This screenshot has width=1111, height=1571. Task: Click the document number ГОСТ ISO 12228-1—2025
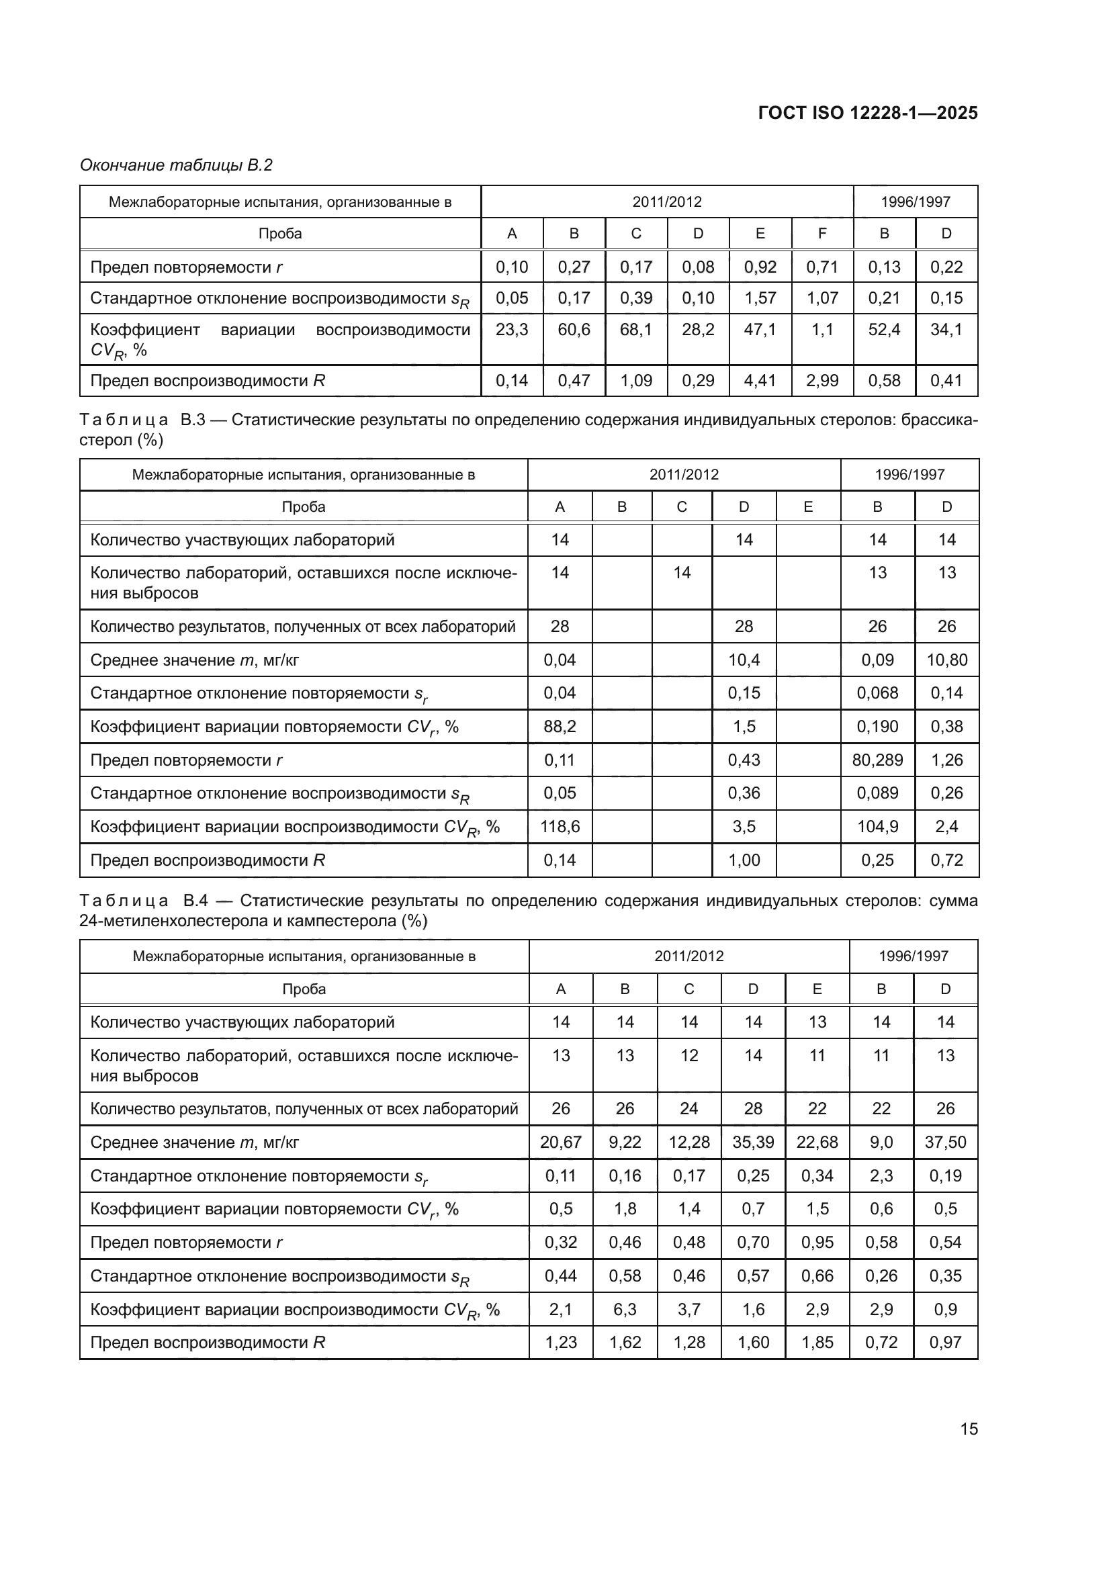coord(867,113)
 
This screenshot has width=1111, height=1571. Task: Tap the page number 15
coord(969,1429)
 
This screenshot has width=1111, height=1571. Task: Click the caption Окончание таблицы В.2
coord(176,165)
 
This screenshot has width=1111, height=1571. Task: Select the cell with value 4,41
coord(760,380)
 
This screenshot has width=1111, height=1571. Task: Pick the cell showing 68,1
coord(635,330)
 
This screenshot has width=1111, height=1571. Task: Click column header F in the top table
coord(821,233)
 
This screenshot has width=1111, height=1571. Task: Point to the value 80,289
coord(877,760)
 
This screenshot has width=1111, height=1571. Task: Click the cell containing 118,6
coord(560,827)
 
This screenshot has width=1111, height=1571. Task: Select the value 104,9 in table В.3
coord(877,827)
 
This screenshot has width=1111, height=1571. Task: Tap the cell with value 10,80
coord(946,660)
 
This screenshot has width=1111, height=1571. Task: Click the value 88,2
coord(560,726)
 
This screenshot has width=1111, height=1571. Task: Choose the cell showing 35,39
coord(752,1142)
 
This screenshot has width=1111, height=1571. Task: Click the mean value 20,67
coord(560,1142)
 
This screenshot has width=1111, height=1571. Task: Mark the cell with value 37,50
coord(945,1142)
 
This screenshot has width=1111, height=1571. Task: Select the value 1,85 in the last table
coord(817,1342)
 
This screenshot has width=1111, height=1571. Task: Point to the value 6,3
coord(625,1309)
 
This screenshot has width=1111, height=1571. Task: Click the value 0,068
coord(877,693)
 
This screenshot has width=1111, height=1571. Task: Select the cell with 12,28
coord(688,1142)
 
